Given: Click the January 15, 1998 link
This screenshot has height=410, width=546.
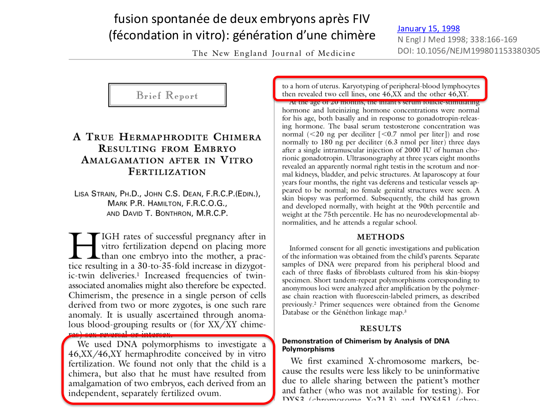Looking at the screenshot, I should coord(428,28).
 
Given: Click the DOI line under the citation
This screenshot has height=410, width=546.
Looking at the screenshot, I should coord(468,51).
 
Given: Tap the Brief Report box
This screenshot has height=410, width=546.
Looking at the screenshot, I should coord(167,95).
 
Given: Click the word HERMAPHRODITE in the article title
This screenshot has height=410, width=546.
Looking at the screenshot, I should coord(163,137).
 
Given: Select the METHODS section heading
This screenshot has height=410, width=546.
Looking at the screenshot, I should coord(380,237).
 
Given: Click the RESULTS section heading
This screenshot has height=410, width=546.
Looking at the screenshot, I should coord(380,328).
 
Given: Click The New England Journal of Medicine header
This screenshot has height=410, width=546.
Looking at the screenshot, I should coord(273,53).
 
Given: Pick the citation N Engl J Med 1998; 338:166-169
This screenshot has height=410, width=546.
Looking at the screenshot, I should coord(457,39).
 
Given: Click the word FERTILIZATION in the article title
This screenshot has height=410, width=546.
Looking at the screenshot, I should coord(167,172).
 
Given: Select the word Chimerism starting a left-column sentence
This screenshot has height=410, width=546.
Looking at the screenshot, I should coord(86,295).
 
